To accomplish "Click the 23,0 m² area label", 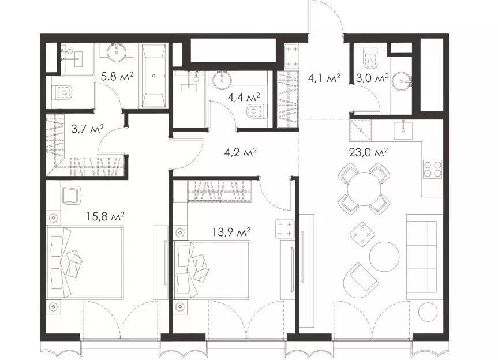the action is point(368,152).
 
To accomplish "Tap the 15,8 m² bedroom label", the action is point(105,216).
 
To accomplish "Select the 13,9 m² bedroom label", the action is point(231,232).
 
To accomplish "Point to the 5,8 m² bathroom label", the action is point(117,77).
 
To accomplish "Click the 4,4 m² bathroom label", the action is point(244,97).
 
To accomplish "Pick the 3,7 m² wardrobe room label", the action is point(87,129).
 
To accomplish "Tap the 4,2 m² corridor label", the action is point(241,153).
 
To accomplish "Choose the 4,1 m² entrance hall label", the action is point(324,78).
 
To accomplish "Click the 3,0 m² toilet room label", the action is point(372,78).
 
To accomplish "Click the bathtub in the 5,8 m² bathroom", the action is point(154,76).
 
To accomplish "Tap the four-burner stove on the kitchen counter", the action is point(433,169).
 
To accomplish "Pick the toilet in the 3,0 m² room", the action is point(370,59).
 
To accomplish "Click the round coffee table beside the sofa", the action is point(384,257).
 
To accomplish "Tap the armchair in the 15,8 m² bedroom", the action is point(71,195).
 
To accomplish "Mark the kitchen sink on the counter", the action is point(403,130).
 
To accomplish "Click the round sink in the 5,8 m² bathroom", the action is point(117,52).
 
